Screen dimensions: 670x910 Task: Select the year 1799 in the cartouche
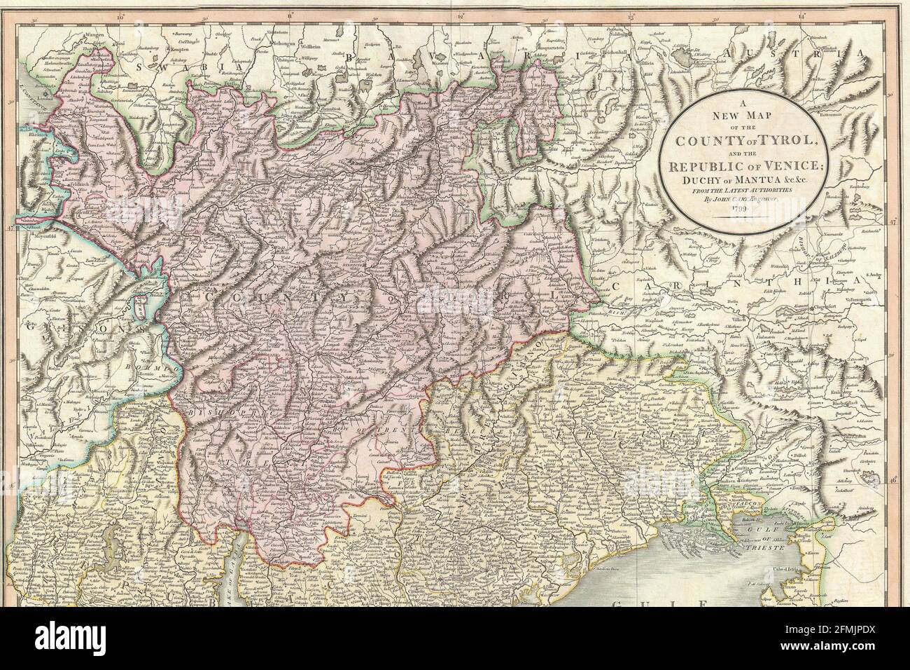(743, 210)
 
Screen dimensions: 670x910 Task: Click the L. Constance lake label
(17, 98)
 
